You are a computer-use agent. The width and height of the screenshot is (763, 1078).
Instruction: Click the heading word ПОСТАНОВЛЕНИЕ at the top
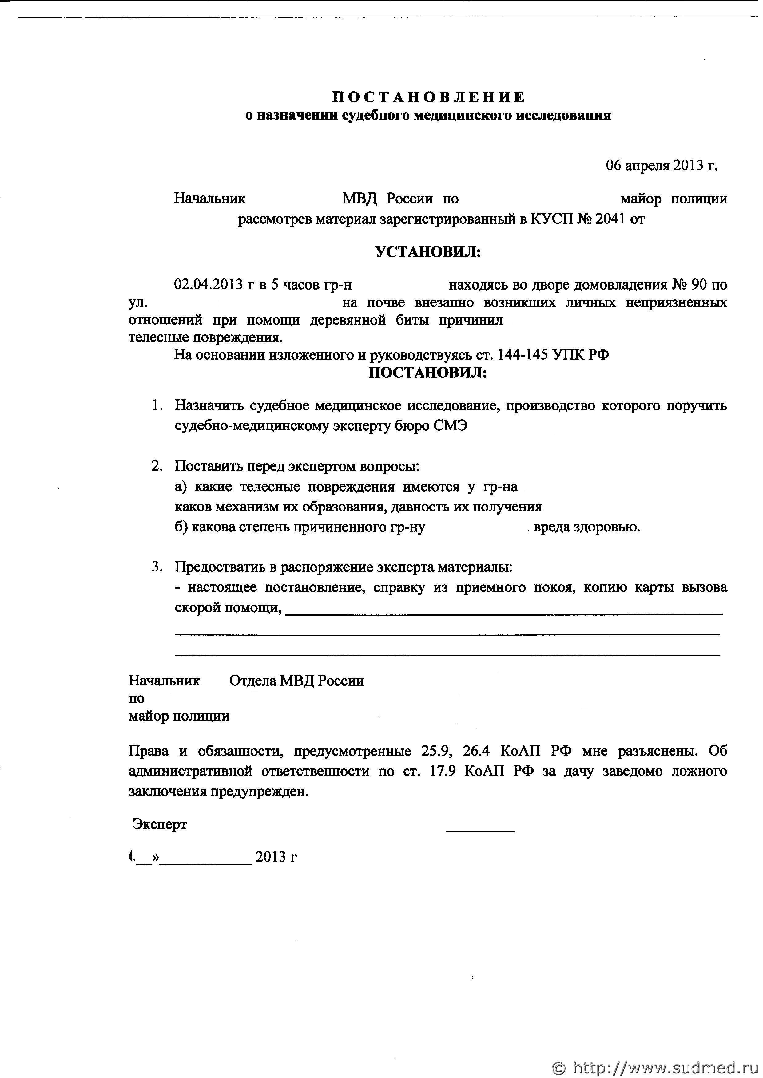pyautogui.click(x=428, y=97)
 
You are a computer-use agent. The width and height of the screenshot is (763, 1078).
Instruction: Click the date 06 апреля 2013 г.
pyautogui.click(x=662, y=166)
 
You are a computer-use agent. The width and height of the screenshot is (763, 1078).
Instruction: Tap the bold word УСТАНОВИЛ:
pyautogui.click(x=428, y=253)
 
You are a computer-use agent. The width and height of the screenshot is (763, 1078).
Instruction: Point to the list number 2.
pyautogui.click(x=157, y=466)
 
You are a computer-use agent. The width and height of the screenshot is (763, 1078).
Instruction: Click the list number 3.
pyautogui.click(x=157, y=567)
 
